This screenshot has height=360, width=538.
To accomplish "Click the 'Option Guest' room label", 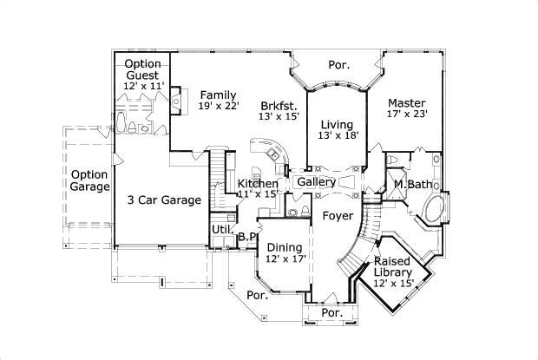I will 141,69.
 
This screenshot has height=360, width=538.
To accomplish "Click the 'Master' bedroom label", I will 405,101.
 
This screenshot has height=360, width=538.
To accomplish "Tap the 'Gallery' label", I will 316,182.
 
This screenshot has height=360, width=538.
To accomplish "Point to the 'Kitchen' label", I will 258,183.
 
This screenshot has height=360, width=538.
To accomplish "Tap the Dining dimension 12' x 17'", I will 285,259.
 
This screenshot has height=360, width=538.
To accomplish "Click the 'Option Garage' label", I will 90,180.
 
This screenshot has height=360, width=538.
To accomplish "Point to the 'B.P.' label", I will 246,236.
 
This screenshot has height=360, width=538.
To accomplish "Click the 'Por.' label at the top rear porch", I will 338,64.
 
